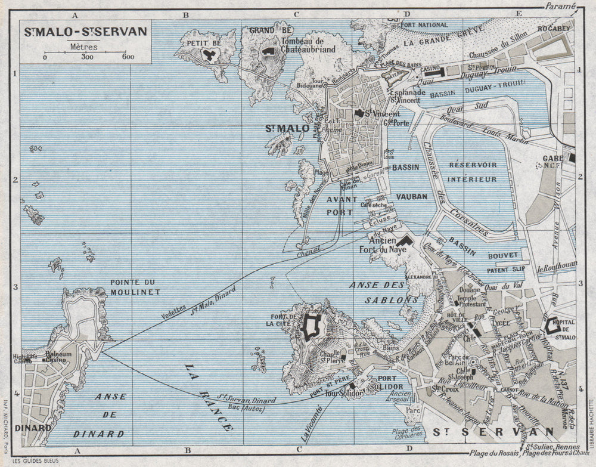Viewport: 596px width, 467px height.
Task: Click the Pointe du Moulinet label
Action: click(136, 286)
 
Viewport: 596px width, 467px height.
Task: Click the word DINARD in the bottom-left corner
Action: click(37, 427)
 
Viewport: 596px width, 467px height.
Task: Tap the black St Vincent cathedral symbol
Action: click(359, 113)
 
